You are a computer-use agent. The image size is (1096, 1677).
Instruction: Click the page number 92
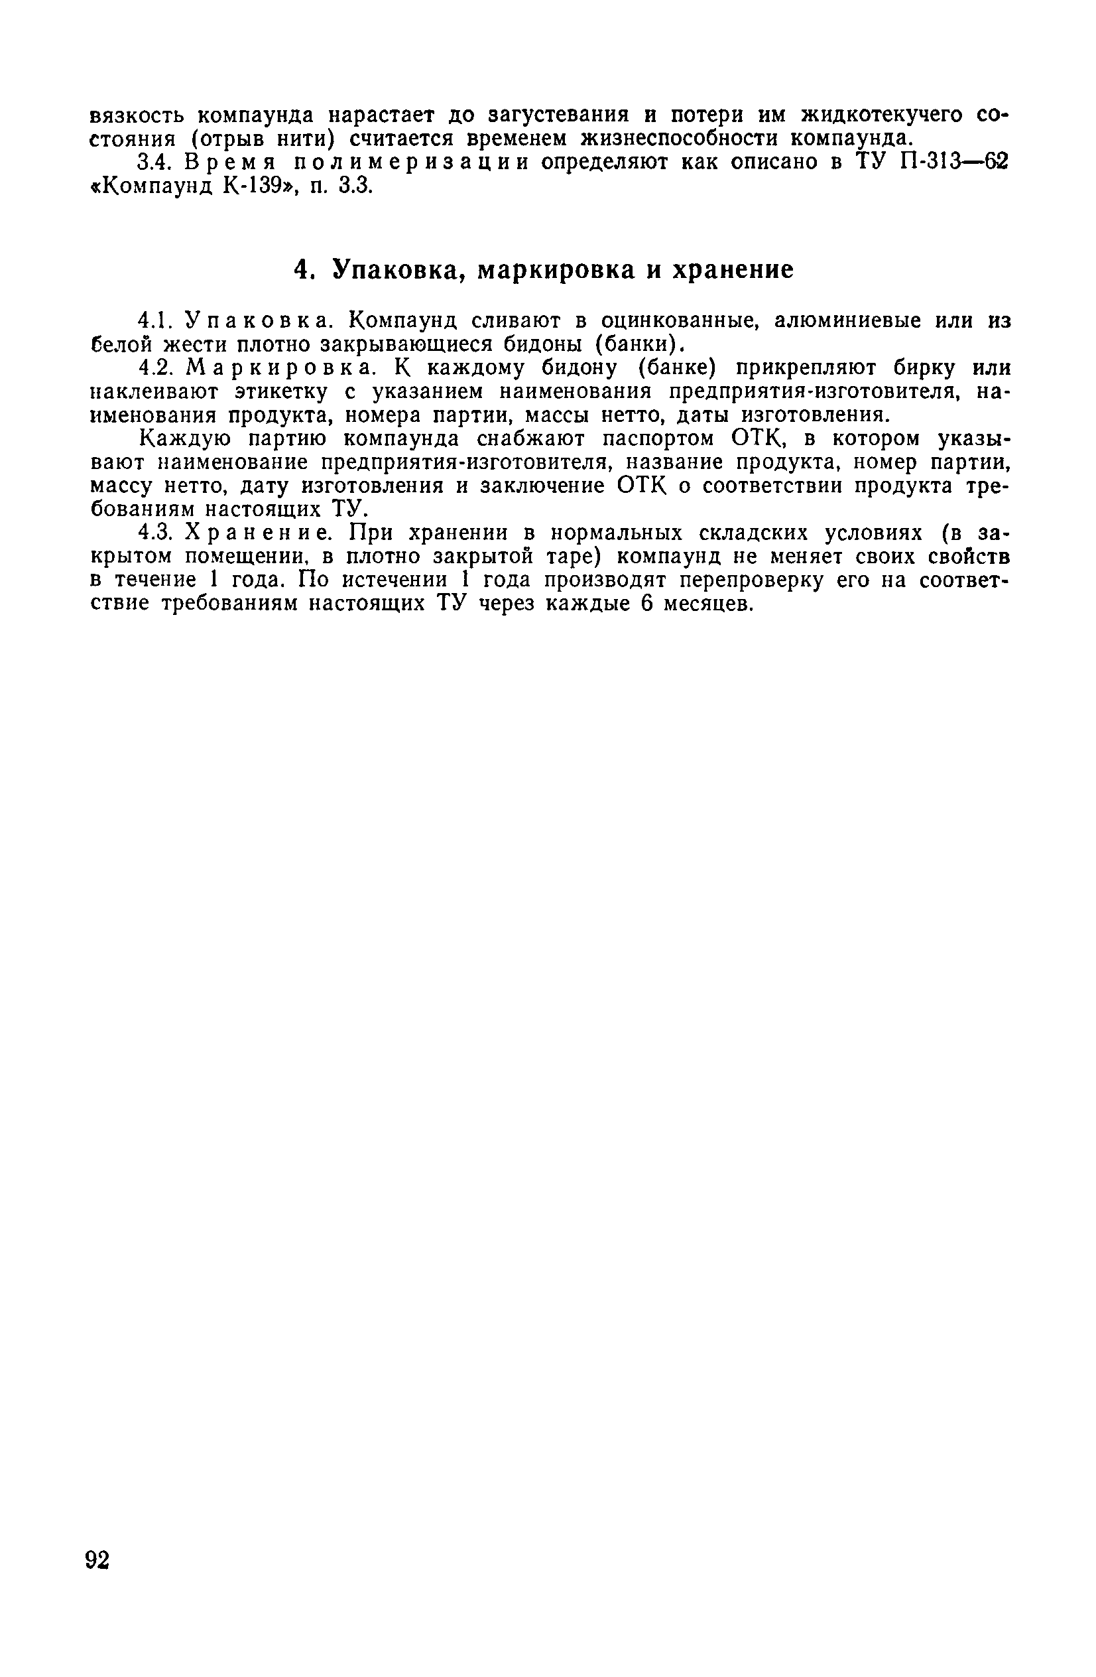[97, 1560]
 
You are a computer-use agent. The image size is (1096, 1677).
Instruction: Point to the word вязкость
[138, 114]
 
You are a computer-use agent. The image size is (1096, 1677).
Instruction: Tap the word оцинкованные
[678, 320]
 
